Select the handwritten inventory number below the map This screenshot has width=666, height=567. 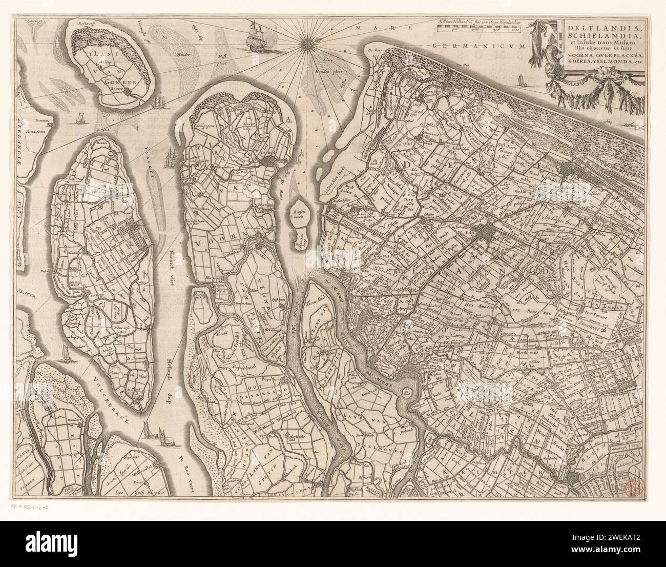pyautogui.click(x=33, y=508)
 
